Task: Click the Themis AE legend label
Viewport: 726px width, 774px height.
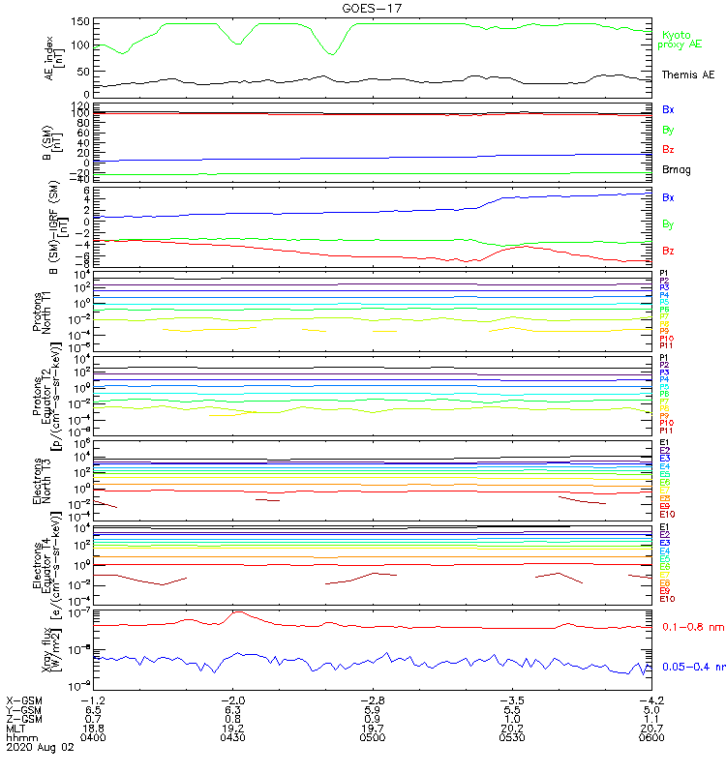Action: [688, 74]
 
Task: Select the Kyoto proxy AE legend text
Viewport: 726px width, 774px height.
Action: [681, 39]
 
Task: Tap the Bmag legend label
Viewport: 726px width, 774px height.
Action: [673, 169]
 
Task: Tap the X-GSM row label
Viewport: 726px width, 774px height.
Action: [23, 700]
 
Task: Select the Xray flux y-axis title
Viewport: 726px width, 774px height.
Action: [54, 648]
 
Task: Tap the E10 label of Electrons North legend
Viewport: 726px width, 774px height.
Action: [667, 515]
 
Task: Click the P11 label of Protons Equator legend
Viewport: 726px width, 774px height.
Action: [667, 430]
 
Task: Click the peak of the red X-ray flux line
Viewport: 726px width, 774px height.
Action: [235, 612]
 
